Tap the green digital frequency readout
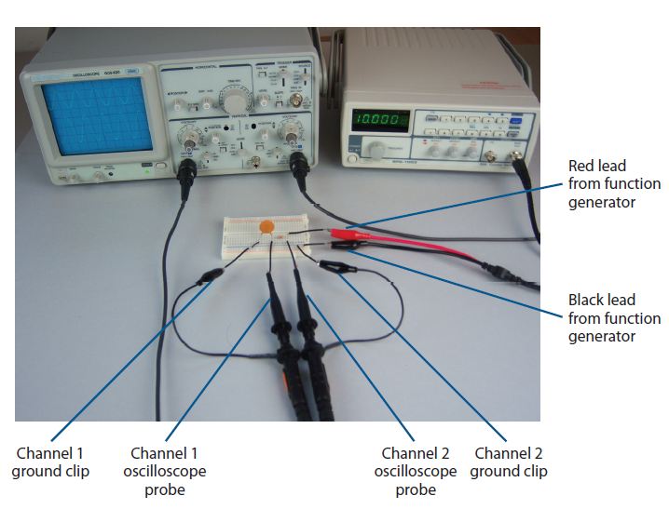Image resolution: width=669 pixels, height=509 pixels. click(379, 120)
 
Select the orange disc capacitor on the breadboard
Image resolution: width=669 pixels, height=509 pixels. click(266, 225)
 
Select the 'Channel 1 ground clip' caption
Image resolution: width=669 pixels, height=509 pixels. click(50, 462)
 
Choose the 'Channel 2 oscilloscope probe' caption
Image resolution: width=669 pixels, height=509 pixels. click(415, 471)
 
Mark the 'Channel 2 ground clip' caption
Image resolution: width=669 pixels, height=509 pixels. click(508, 462)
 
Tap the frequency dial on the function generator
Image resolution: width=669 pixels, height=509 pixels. click(376, 149)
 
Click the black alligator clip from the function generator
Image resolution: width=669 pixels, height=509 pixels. click(342, 248)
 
